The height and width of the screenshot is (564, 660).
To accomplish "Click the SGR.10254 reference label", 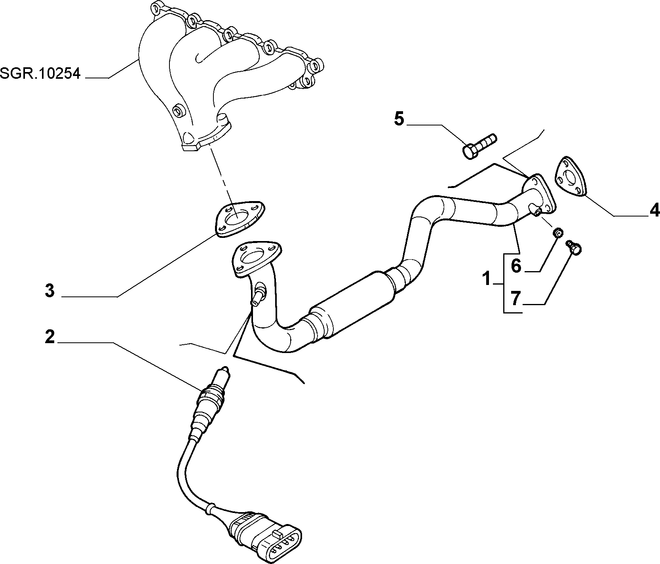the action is tap(40, 74).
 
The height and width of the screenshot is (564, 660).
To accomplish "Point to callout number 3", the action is tap(49, 291).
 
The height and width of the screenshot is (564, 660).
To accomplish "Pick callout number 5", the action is tap(399, 119).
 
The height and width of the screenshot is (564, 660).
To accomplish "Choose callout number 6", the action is tap(516, 266).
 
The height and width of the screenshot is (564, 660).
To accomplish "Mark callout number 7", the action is tap(515, 298).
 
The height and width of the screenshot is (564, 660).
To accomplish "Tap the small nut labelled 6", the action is tap(558, 233).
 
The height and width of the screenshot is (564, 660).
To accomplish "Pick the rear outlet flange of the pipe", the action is tap(539, 194).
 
